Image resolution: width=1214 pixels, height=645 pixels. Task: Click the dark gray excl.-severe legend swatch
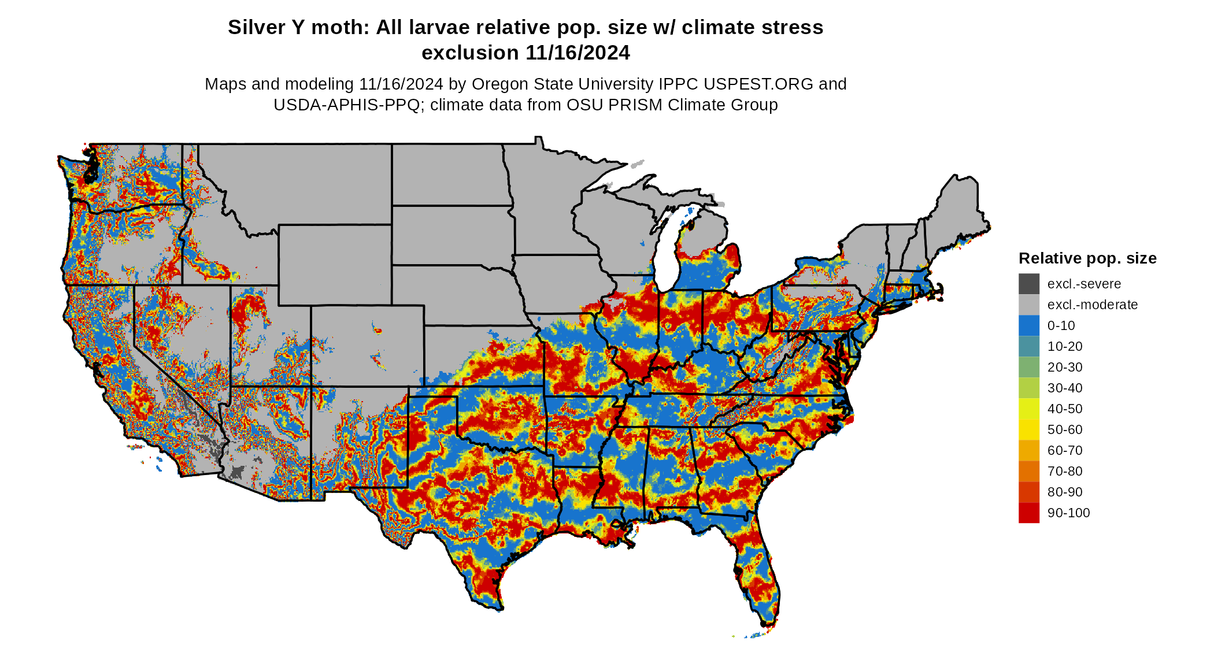pos(1028,284)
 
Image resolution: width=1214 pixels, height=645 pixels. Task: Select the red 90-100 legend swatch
pos(1028,513)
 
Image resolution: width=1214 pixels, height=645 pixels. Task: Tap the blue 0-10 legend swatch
pos(1028,325)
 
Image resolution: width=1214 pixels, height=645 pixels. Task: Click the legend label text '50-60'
pos(1064,429)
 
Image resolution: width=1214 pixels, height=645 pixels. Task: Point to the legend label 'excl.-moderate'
pos(1092,305)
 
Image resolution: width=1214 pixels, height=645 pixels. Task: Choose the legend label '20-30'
pos(1064,367)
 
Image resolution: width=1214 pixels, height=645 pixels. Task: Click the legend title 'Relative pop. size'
pos(1087,258)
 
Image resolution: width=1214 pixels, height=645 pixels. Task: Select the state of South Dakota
pos(451,234)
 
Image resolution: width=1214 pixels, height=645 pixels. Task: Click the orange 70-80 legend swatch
pos(1028,471)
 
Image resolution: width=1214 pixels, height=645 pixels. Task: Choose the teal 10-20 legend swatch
pos(1028,346)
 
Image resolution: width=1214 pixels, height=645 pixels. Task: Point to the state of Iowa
pos(561,283)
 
